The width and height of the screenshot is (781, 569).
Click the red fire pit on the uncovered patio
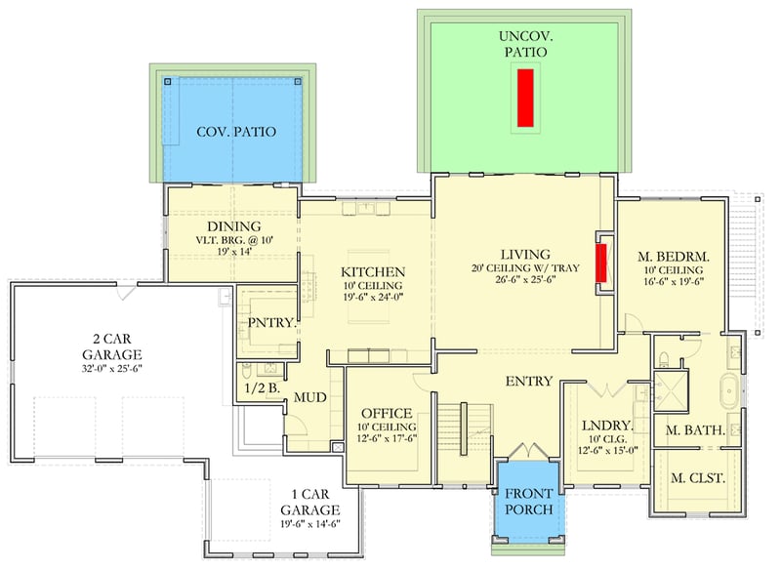click(x=525, y=97)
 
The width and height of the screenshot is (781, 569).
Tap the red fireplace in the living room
click(x=601, y=264)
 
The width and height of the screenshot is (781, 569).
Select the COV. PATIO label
click(x=235, y=132)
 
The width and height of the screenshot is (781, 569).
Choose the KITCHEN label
click(x=373, y=271)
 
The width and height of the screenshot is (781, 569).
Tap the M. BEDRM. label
click(x=673, y=257)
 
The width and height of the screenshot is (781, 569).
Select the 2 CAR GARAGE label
click(x=111, y=345)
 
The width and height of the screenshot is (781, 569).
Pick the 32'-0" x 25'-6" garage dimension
click(x=111, y=371)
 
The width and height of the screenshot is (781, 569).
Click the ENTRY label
click(x=529, y=381)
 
